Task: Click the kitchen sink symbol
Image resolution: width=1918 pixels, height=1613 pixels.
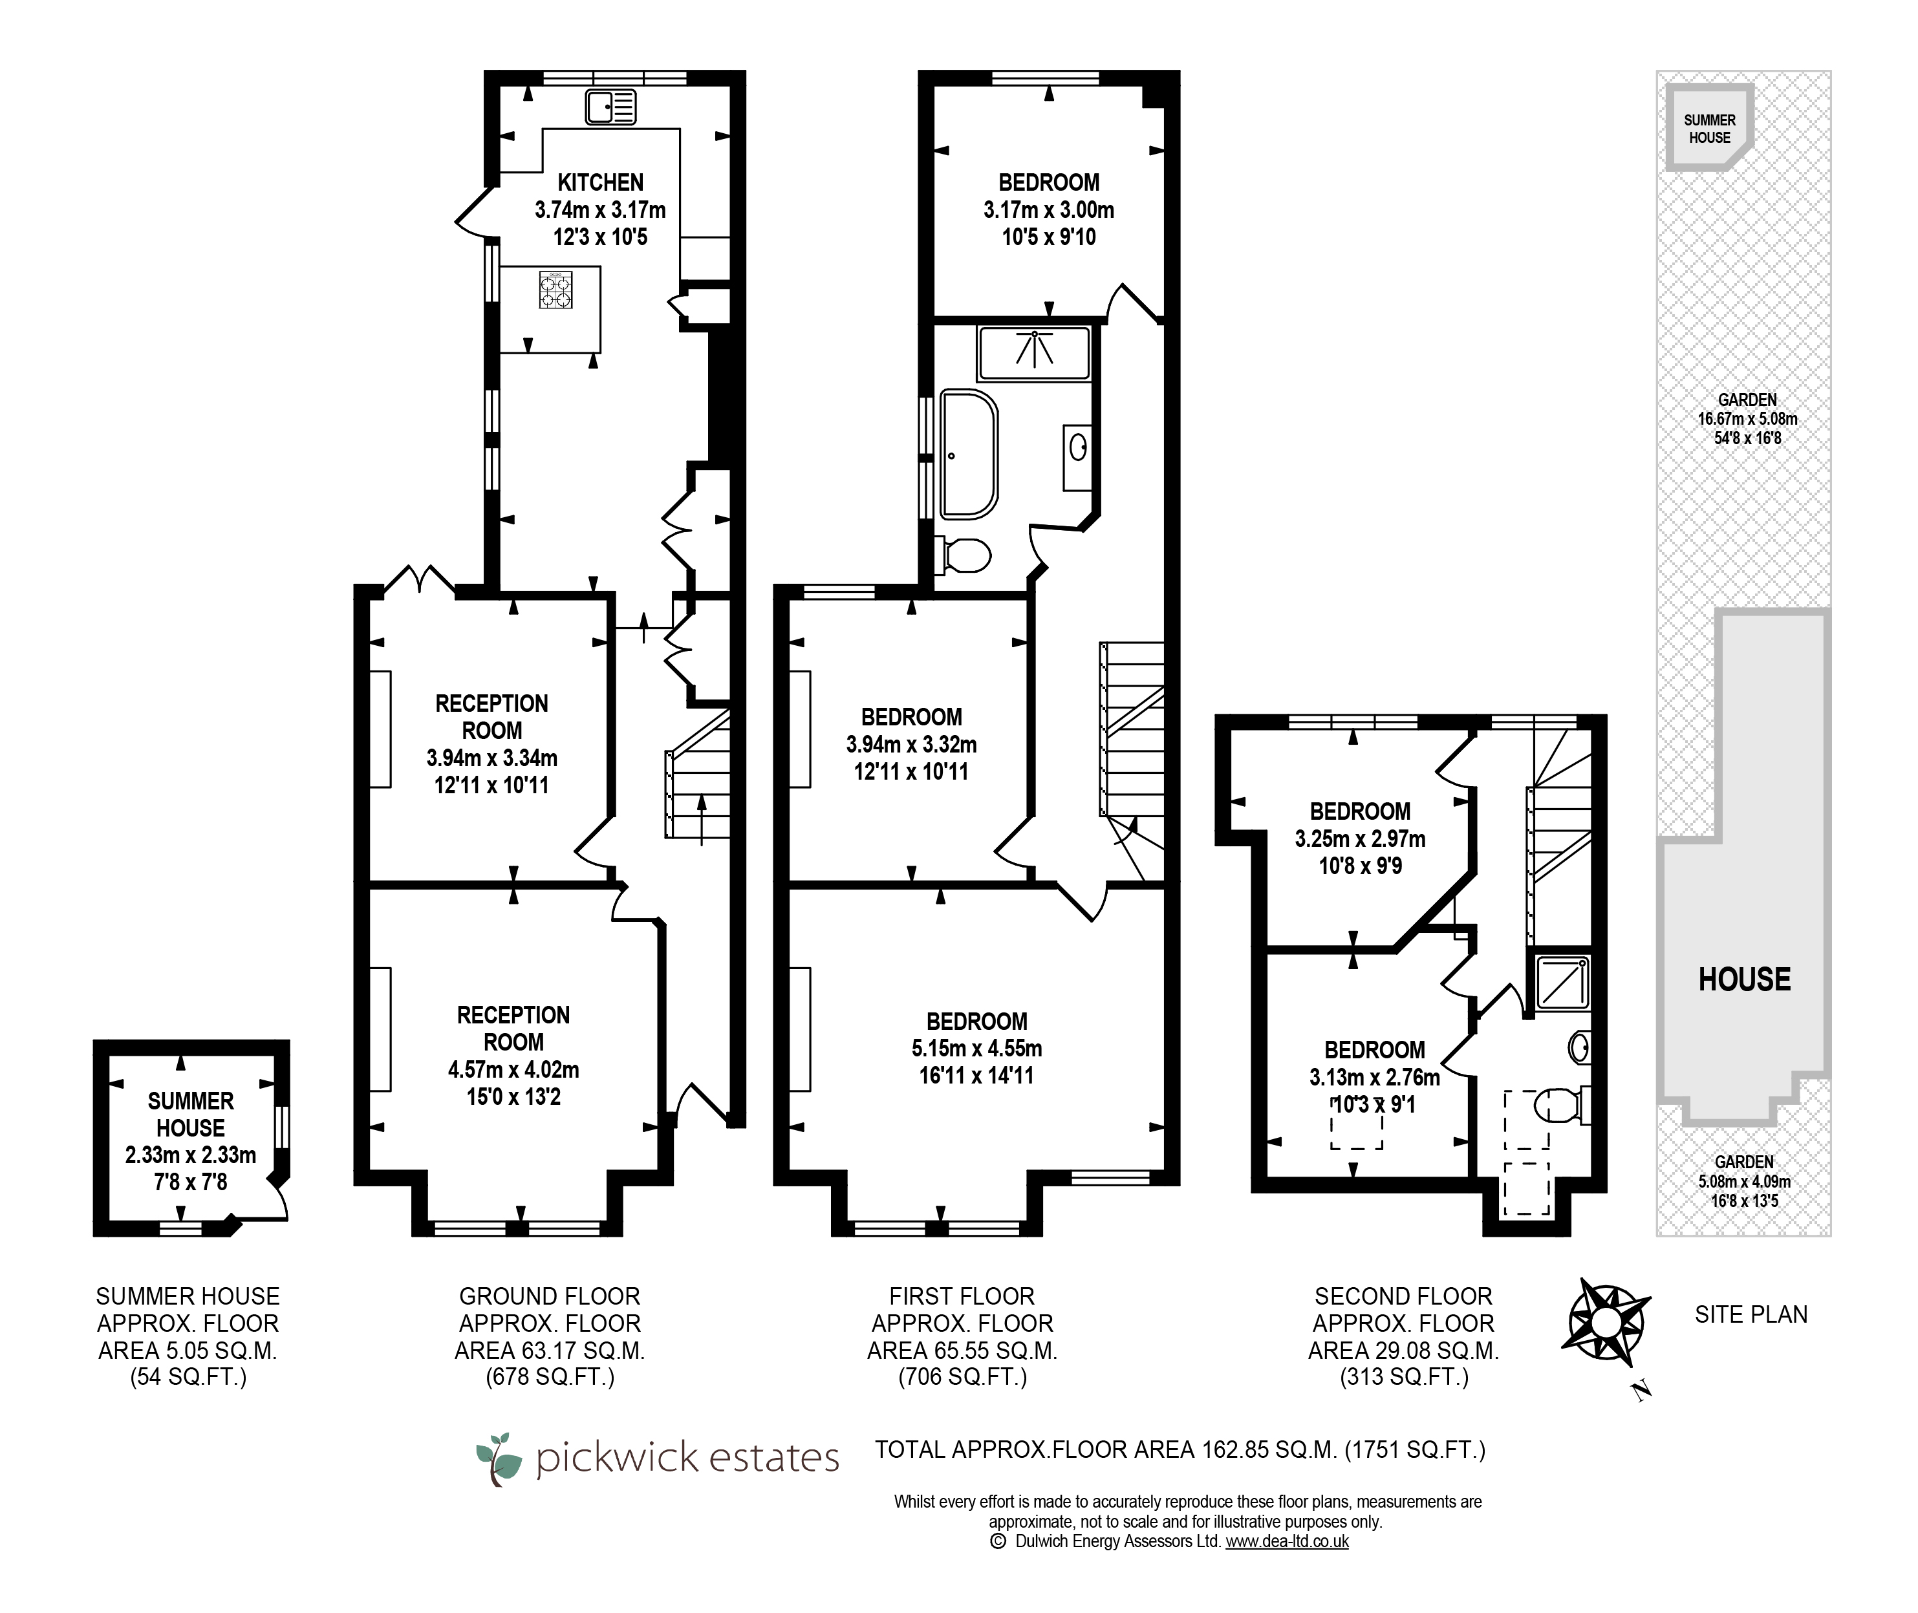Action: [x=610, y=107]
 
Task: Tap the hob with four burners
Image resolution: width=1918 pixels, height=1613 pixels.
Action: [x=555, y=289]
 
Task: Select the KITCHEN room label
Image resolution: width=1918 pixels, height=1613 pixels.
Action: [x=601, y=182]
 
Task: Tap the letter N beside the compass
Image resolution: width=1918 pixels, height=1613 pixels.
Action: [x=1643, y=1392]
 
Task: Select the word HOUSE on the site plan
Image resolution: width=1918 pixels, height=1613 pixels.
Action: [x=1744, y=979]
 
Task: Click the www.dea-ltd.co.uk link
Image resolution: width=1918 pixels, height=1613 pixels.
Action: [x=1287, y=1541]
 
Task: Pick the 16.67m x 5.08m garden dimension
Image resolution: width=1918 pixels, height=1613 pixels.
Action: [x=1747, y=419]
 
